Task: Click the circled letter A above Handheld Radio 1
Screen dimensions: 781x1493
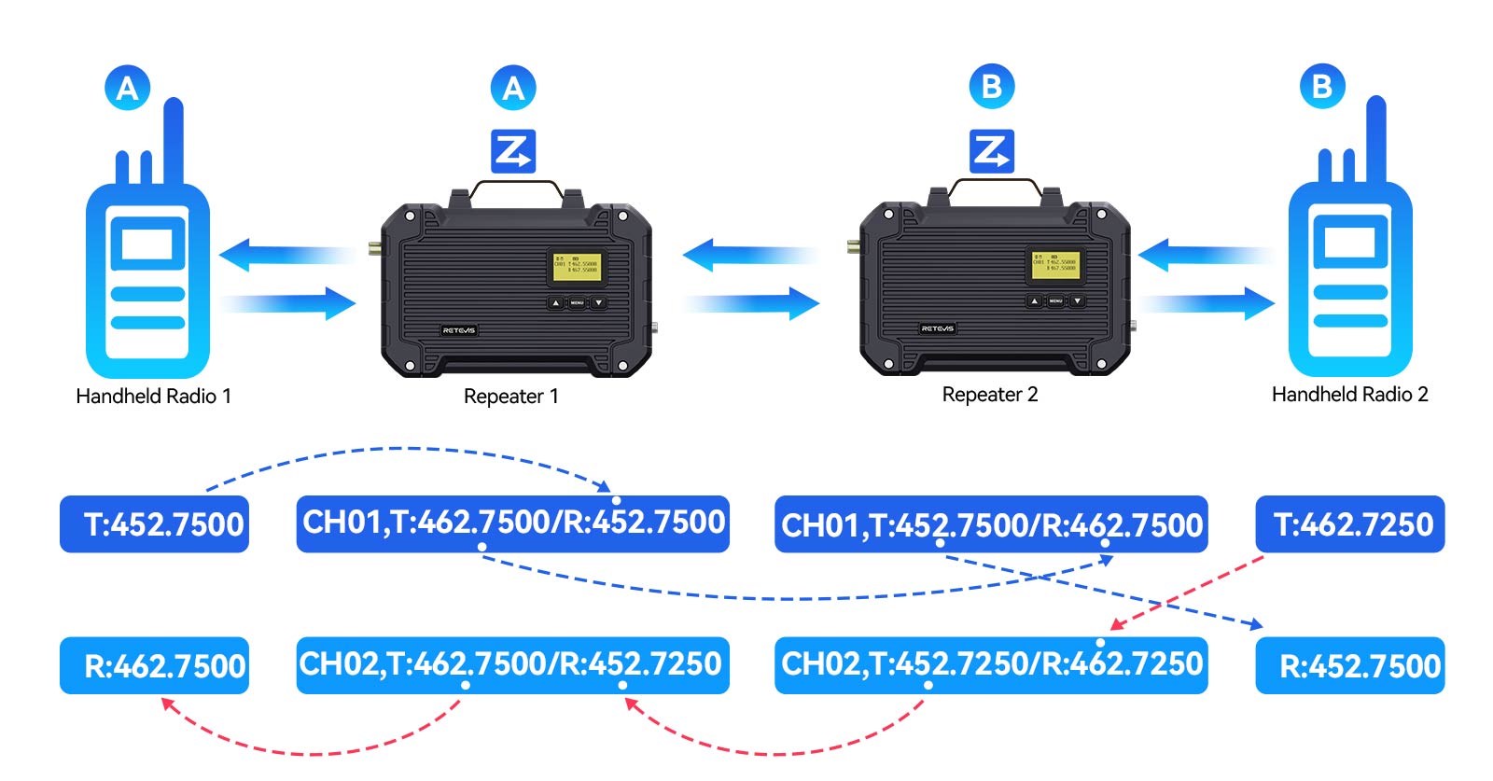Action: point(128,88)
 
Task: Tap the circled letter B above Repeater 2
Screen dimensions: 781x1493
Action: point(991,87)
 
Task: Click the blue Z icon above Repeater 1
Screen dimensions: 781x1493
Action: point(513,150)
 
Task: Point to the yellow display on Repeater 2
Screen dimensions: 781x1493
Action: point(1055,264)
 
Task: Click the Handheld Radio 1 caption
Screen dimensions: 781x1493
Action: point(153,396)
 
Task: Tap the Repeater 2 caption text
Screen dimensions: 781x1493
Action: point(989,395)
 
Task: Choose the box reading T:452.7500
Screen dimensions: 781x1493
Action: point(154,523)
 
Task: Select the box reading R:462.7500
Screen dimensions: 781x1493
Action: point(154,665)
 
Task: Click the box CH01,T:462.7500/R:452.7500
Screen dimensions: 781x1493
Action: point(512,523)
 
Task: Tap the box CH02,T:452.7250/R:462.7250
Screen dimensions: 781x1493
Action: point(990,665)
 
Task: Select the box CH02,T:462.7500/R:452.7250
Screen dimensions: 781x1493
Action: point(512,665)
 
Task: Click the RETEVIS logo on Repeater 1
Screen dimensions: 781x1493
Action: point(458,330)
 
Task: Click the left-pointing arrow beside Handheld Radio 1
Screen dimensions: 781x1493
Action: point(280,254)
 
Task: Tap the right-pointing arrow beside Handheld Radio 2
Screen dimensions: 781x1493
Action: point(1208,302)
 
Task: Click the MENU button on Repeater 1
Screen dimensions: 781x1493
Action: point(577,303)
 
